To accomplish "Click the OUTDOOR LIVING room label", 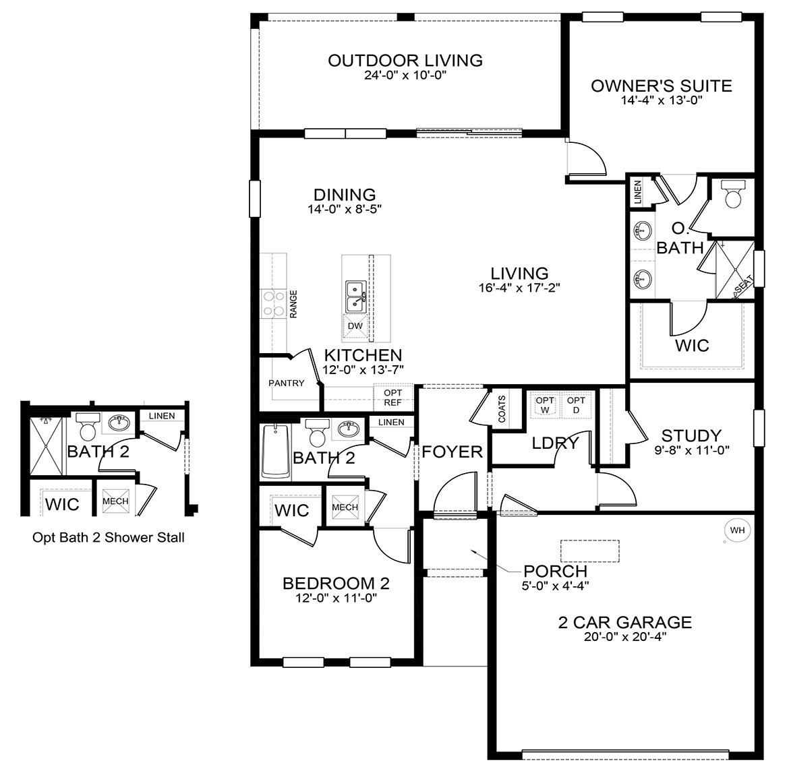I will coord(405,61).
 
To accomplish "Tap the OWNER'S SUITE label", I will coord(661,86).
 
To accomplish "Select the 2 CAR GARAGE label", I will coord(624,622).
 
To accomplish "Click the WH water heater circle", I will coord(738,530).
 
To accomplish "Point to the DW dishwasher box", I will coord(355,326).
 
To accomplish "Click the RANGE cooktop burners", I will coord(272,303).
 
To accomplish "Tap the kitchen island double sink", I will coord(355,297).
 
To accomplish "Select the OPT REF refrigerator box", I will coord(392,398).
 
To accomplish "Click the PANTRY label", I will coord(287,383).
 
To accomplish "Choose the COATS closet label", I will coord(502,408).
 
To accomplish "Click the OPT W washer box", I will coord(545,405).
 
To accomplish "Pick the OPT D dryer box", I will coord(576,405).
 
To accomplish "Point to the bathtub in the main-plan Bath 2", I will coord(275,451).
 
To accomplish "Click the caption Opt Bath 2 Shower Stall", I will coord(109,538).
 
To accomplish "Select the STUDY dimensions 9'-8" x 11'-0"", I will coord(691,449).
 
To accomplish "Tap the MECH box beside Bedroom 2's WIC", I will coord(345,507).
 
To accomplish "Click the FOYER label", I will coord(452,452).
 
